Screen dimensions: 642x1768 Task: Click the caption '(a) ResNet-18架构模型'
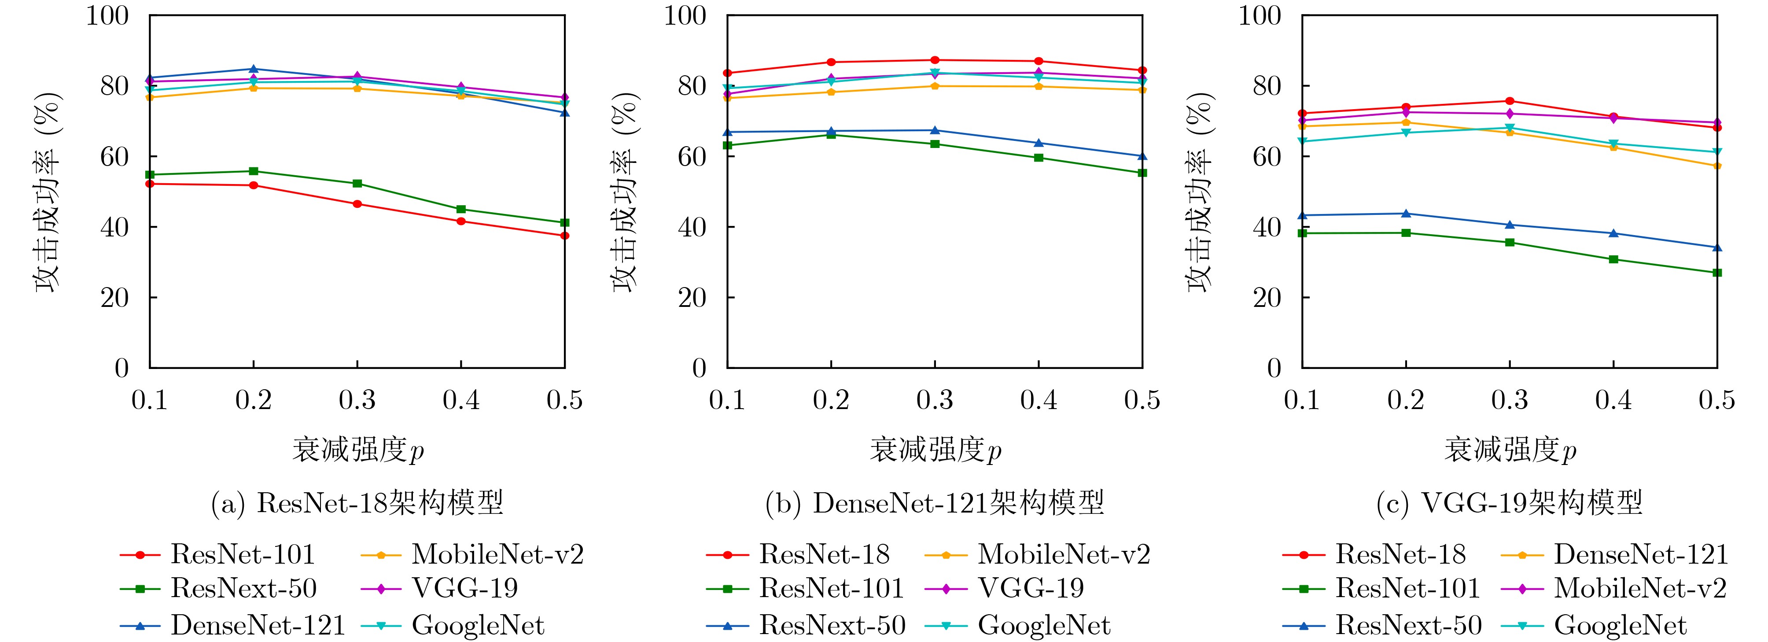(357, 503)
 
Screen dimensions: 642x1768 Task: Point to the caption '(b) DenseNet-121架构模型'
(935, 503)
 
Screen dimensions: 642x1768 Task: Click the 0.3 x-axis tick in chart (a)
(357, 400)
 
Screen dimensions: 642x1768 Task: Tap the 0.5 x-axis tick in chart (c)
(1716, 400)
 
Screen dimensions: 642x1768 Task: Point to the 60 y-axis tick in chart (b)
(692, 157)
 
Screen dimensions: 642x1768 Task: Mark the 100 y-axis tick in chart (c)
(1260, 15)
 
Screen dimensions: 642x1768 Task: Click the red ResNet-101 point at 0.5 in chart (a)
(564, 236)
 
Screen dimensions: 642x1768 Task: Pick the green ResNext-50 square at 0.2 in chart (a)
(253, 171)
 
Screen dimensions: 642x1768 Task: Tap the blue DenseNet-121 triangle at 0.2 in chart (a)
(253, 69)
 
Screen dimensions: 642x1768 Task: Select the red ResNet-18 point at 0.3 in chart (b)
(935, 60)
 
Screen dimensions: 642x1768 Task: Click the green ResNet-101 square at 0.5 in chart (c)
(1716, 273)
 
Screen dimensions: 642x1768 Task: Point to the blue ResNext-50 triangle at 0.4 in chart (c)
(1613, 233)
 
